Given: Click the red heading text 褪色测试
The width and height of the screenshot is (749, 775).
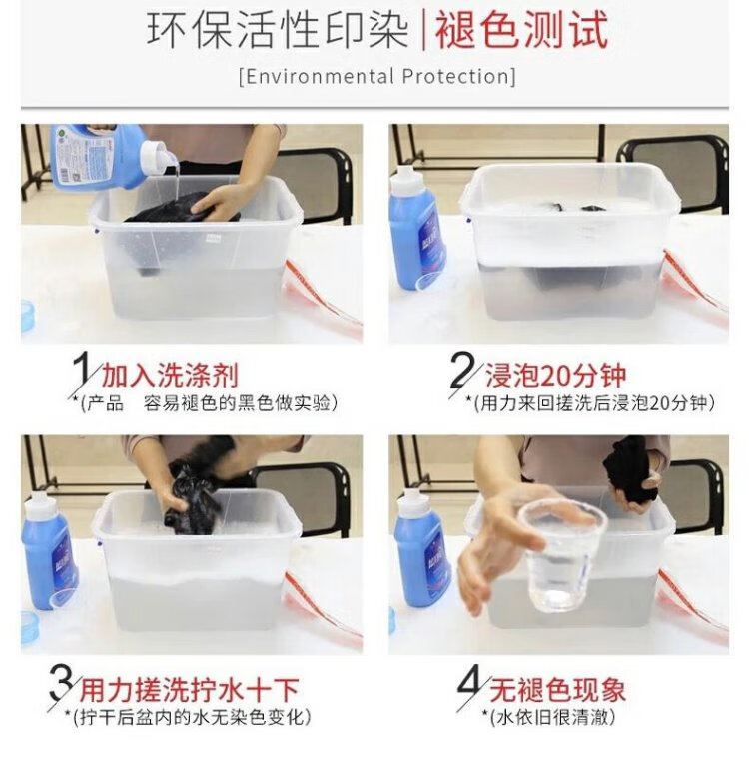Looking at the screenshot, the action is [x=521, y=31].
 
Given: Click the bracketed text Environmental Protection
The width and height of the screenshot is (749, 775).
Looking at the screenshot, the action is [x=377, y=77].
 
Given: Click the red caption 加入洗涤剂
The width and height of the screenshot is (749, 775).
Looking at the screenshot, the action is [x=170, y=376].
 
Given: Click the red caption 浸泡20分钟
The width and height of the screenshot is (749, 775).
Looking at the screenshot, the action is [x=555, y=376].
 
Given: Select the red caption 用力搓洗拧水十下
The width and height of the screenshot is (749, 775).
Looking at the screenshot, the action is [x=190, y=690].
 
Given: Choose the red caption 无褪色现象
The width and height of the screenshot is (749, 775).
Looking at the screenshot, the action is [x=557, y=689].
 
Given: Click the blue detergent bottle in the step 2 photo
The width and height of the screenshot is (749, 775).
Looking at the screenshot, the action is [x=416, y=227].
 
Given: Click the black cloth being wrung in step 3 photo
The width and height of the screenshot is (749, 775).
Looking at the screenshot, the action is [x=191, y=499].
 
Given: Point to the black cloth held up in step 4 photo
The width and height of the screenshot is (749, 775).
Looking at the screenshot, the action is [x=629, y=469].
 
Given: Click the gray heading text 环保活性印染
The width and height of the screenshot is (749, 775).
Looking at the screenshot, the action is [x=278, y=31].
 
